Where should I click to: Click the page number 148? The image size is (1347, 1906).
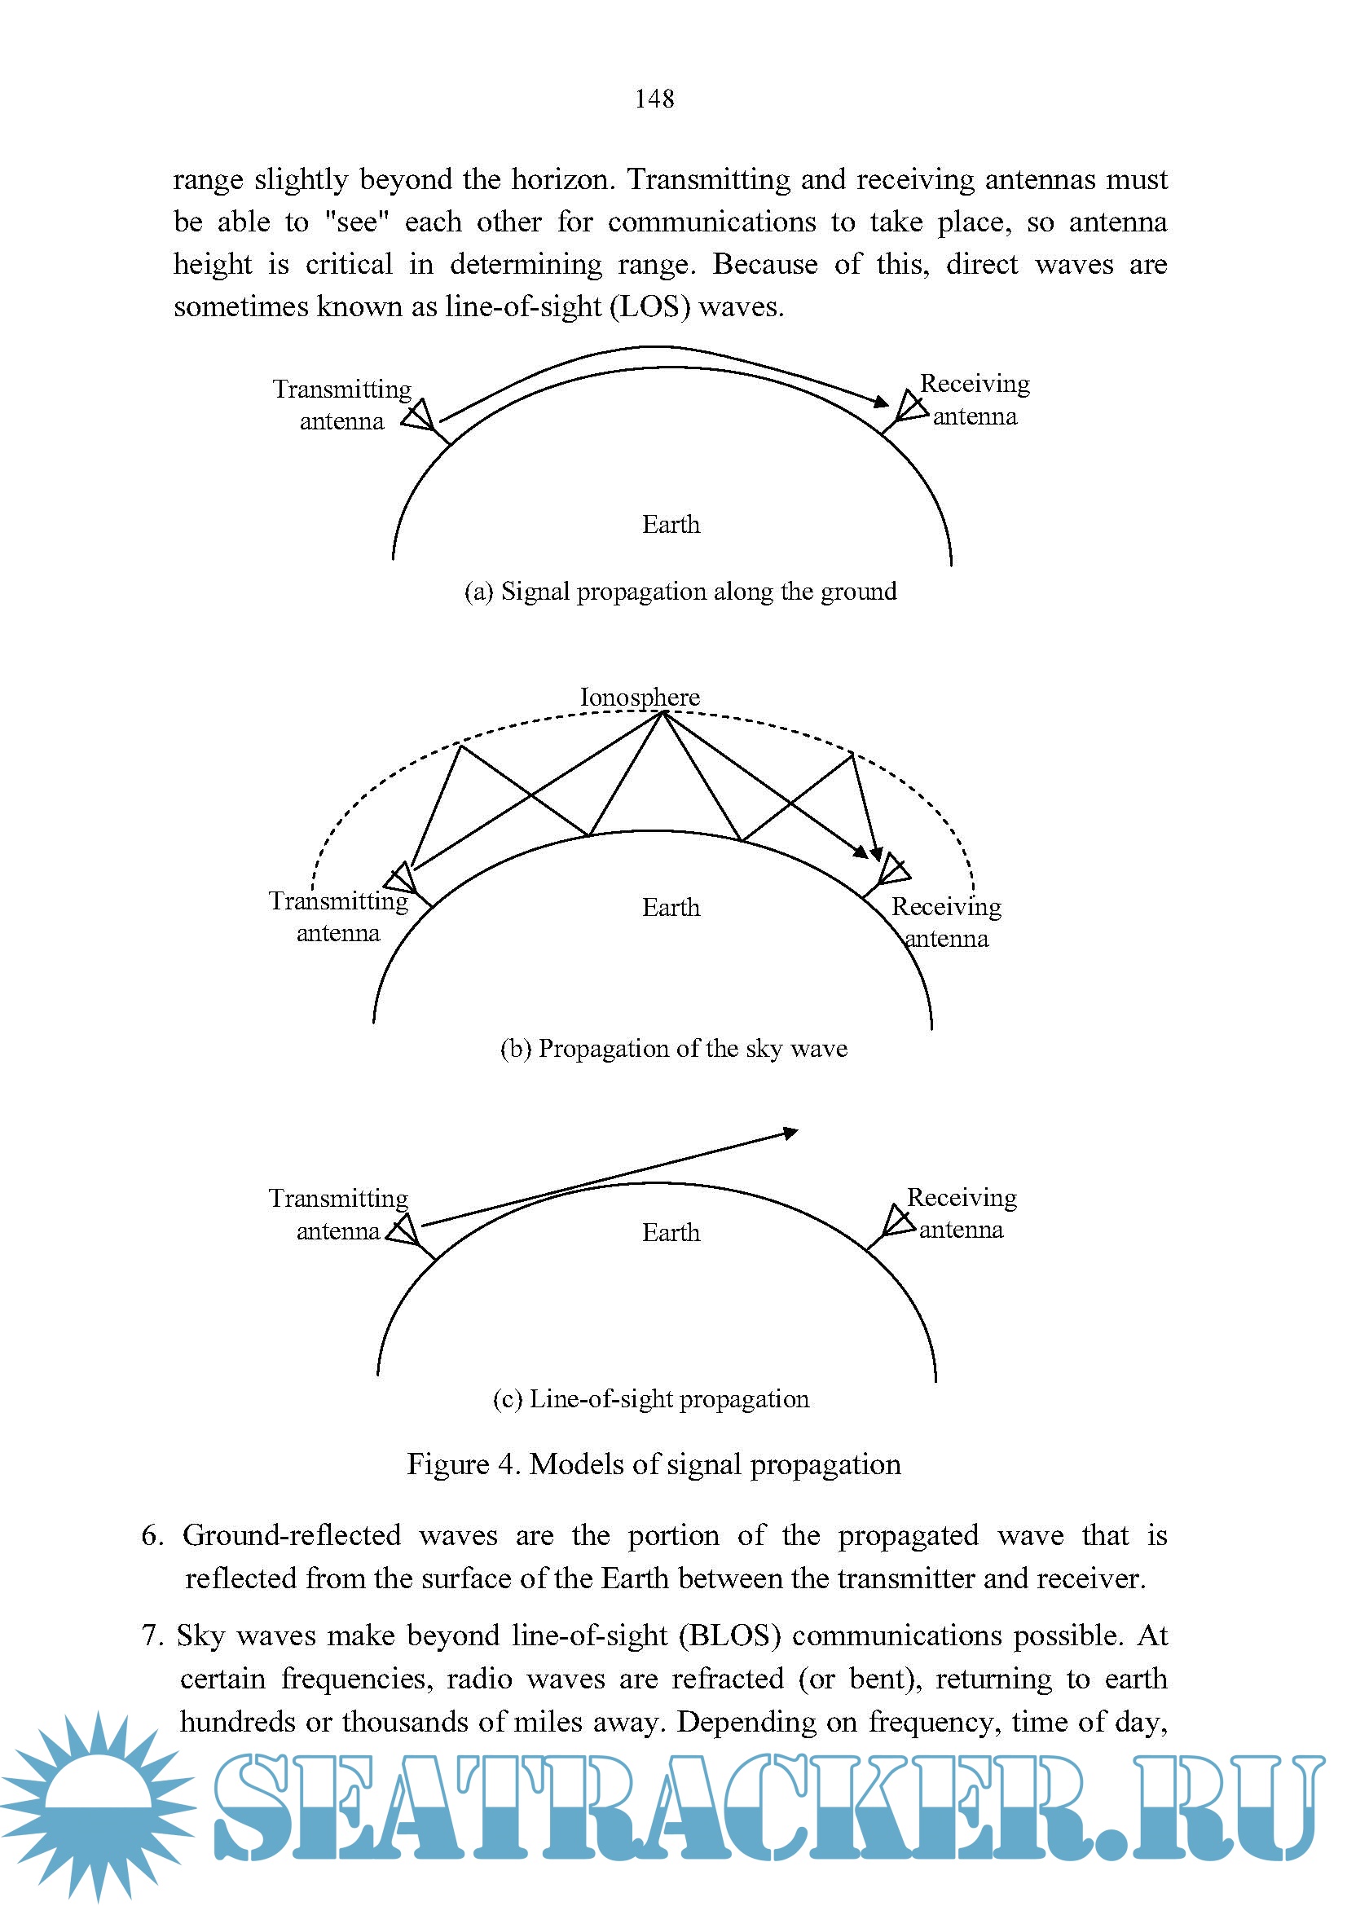tap(654, 99)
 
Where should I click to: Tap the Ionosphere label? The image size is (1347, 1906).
tap(639, 697)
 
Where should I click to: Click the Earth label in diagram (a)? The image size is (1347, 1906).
tap(671, 525)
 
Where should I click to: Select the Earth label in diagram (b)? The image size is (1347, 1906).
tap(671, 907)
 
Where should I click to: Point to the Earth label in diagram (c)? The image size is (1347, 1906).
tap(671, 1233)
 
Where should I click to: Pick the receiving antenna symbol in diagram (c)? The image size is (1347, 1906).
tap(897, 1222)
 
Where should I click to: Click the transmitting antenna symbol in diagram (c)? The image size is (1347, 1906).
tap(404, 1230)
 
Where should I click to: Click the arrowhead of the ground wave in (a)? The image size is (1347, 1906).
tap(882, 403)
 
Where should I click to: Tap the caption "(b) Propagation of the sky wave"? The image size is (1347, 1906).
tap(673, 1049)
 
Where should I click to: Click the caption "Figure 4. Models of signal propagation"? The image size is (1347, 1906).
tap(654, 1464)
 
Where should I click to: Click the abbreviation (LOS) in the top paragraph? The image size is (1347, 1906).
tap(649, 307)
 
